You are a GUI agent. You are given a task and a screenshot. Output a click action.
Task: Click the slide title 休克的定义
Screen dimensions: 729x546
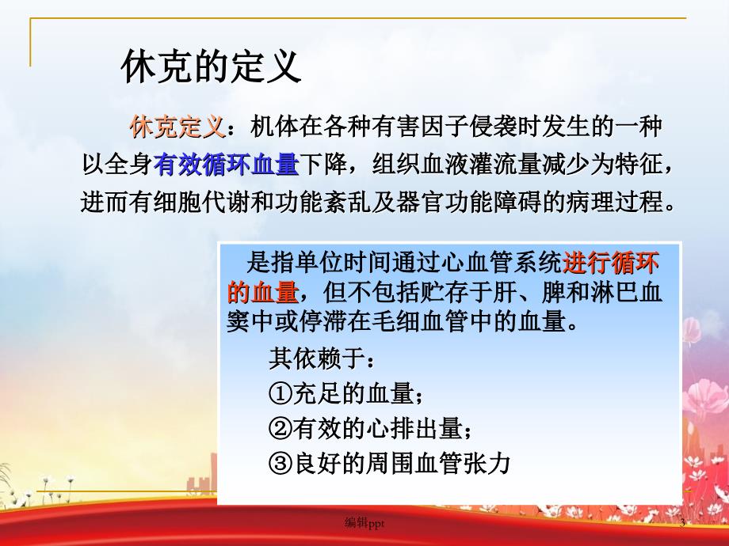211,66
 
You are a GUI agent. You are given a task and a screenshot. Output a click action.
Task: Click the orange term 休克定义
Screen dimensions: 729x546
177,127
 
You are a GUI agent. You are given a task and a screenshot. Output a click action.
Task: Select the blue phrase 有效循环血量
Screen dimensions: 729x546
227,165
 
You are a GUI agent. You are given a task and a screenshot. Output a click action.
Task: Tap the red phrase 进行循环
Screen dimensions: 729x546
610,264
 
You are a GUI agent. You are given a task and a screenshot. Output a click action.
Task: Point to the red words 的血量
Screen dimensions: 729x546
263,293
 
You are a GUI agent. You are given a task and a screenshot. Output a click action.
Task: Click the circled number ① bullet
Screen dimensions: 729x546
281,394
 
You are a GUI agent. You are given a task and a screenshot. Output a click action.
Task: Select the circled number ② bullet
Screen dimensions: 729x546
281,428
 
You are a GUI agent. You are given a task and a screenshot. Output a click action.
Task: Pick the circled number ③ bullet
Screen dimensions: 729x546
281,463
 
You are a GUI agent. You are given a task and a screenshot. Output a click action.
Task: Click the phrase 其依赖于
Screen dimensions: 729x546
317,359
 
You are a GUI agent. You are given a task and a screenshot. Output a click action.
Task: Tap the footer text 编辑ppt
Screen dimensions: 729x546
364,523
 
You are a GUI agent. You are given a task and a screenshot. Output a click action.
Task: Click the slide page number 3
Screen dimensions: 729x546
682,524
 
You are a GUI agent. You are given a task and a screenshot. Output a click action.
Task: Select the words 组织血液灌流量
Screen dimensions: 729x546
456,165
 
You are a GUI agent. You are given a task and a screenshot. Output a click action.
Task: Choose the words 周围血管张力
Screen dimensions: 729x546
438,463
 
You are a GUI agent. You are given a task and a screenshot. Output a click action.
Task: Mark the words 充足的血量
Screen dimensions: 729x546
353,394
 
